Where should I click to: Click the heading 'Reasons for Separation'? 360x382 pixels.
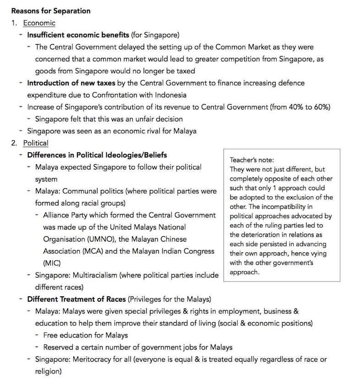tap(51, 11)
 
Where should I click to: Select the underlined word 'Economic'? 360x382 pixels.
tap(39, 23)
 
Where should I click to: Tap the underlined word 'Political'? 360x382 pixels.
tap(36, 143)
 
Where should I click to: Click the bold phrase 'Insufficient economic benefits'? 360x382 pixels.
tap(78, 35)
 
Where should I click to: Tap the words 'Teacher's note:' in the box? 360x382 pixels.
tap(251, 160)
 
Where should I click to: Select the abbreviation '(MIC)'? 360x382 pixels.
tap(52, 263)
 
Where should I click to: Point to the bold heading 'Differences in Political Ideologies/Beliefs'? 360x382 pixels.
tap(97, 155)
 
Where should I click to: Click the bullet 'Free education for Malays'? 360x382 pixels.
tap(85, 335)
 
